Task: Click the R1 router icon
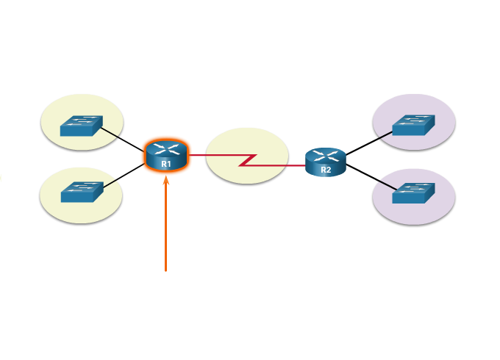tap(166, 156)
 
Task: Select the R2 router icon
tap(325, 162)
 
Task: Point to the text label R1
tap(166, 164)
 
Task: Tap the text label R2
tap(326, 170)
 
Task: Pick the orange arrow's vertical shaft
tap(165, 228)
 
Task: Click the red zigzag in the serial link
tap(248, 159)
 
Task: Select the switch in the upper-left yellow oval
tap(81, 126)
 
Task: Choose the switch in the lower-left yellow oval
tap(81, 192)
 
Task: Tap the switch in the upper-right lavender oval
tap(413, 126)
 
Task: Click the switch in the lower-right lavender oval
tap(413, 193)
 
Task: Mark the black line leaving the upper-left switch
tap(109, 132)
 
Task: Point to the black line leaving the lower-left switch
tap(110, 183)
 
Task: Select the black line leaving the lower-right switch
tap(385, 184)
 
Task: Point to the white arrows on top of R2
tap(326, 156)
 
